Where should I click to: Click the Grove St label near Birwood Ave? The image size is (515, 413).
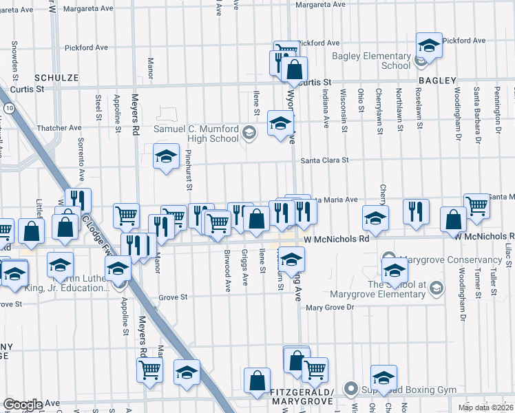click(174, 297)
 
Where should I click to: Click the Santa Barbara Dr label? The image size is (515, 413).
click(476, 109)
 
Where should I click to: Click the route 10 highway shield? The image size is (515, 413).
click(7, 109)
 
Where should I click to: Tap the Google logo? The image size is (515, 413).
click(23, 405)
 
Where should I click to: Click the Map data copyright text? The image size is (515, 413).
click(485, 407)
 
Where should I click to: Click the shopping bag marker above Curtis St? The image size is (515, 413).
click(294, 70)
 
